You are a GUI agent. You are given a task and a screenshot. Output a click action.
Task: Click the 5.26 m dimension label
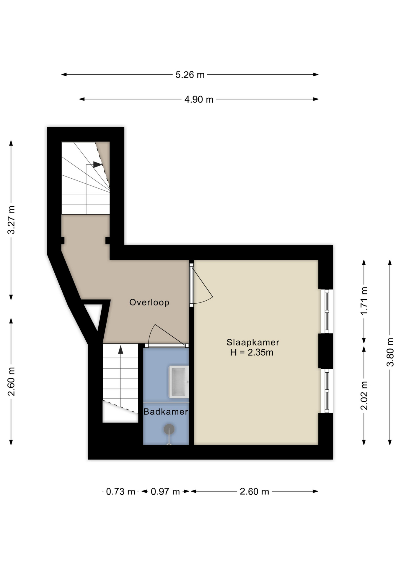point(190,75)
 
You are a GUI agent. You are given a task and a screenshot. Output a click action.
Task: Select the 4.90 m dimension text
point(199,100)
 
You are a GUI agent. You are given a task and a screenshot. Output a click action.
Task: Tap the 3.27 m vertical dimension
point(11,220)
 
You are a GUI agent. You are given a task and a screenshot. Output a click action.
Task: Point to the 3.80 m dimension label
point(390,352)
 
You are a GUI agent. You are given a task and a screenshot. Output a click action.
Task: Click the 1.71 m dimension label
point(364,301)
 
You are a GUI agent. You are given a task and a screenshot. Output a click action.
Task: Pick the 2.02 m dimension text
point(364,395)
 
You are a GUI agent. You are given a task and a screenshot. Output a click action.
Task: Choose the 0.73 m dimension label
point(120,492)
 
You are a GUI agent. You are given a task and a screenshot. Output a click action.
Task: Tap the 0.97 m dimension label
point(165,492)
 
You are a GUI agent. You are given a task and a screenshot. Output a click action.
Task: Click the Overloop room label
point(149,302)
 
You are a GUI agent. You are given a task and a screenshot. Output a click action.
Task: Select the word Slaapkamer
point(253,342)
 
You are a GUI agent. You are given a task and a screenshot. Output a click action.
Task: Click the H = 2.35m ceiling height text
point(252,352)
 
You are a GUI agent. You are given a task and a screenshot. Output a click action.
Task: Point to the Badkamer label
point(165,412)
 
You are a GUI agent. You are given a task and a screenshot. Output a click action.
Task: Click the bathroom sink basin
point(179,382)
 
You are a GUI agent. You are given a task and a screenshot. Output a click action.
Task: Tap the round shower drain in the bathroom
point(169,429)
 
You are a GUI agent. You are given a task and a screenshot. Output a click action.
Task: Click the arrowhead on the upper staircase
point(97,164)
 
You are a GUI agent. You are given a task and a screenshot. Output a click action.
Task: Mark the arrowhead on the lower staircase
point(120,350)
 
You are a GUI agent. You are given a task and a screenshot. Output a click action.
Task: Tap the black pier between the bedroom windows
point(325,351)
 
